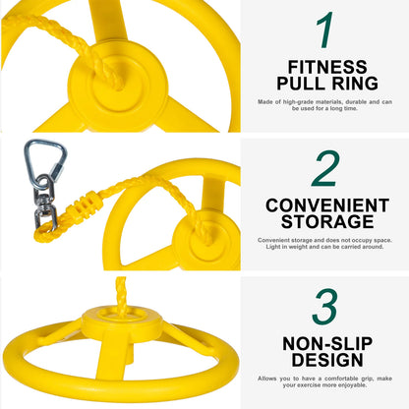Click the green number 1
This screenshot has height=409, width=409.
(x=324, y=31)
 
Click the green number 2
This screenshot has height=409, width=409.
(x=324, y=168)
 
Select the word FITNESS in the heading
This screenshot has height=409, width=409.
(x=323, y=67)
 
